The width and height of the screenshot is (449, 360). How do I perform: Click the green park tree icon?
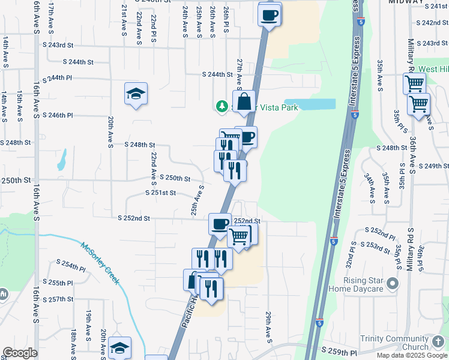(x=222, y=107)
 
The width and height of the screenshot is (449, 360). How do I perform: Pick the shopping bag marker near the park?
(x=244, y=103)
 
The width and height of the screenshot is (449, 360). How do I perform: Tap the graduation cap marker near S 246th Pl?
(x=136, y=94)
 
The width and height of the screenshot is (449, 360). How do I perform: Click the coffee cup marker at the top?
(x=270, y=13)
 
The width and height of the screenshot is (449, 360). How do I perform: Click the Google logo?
(x=20, y=353)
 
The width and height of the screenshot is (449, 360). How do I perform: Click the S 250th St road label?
(x=175, y=178)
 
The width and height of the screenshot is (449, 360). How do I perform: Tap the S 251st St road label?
(x=161, y=193)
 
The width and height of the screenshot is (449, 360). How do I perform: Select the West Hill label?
(x=433, y=70)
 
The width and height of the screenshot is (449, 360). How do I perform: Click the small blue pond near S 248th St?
(x=61, y=160)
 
